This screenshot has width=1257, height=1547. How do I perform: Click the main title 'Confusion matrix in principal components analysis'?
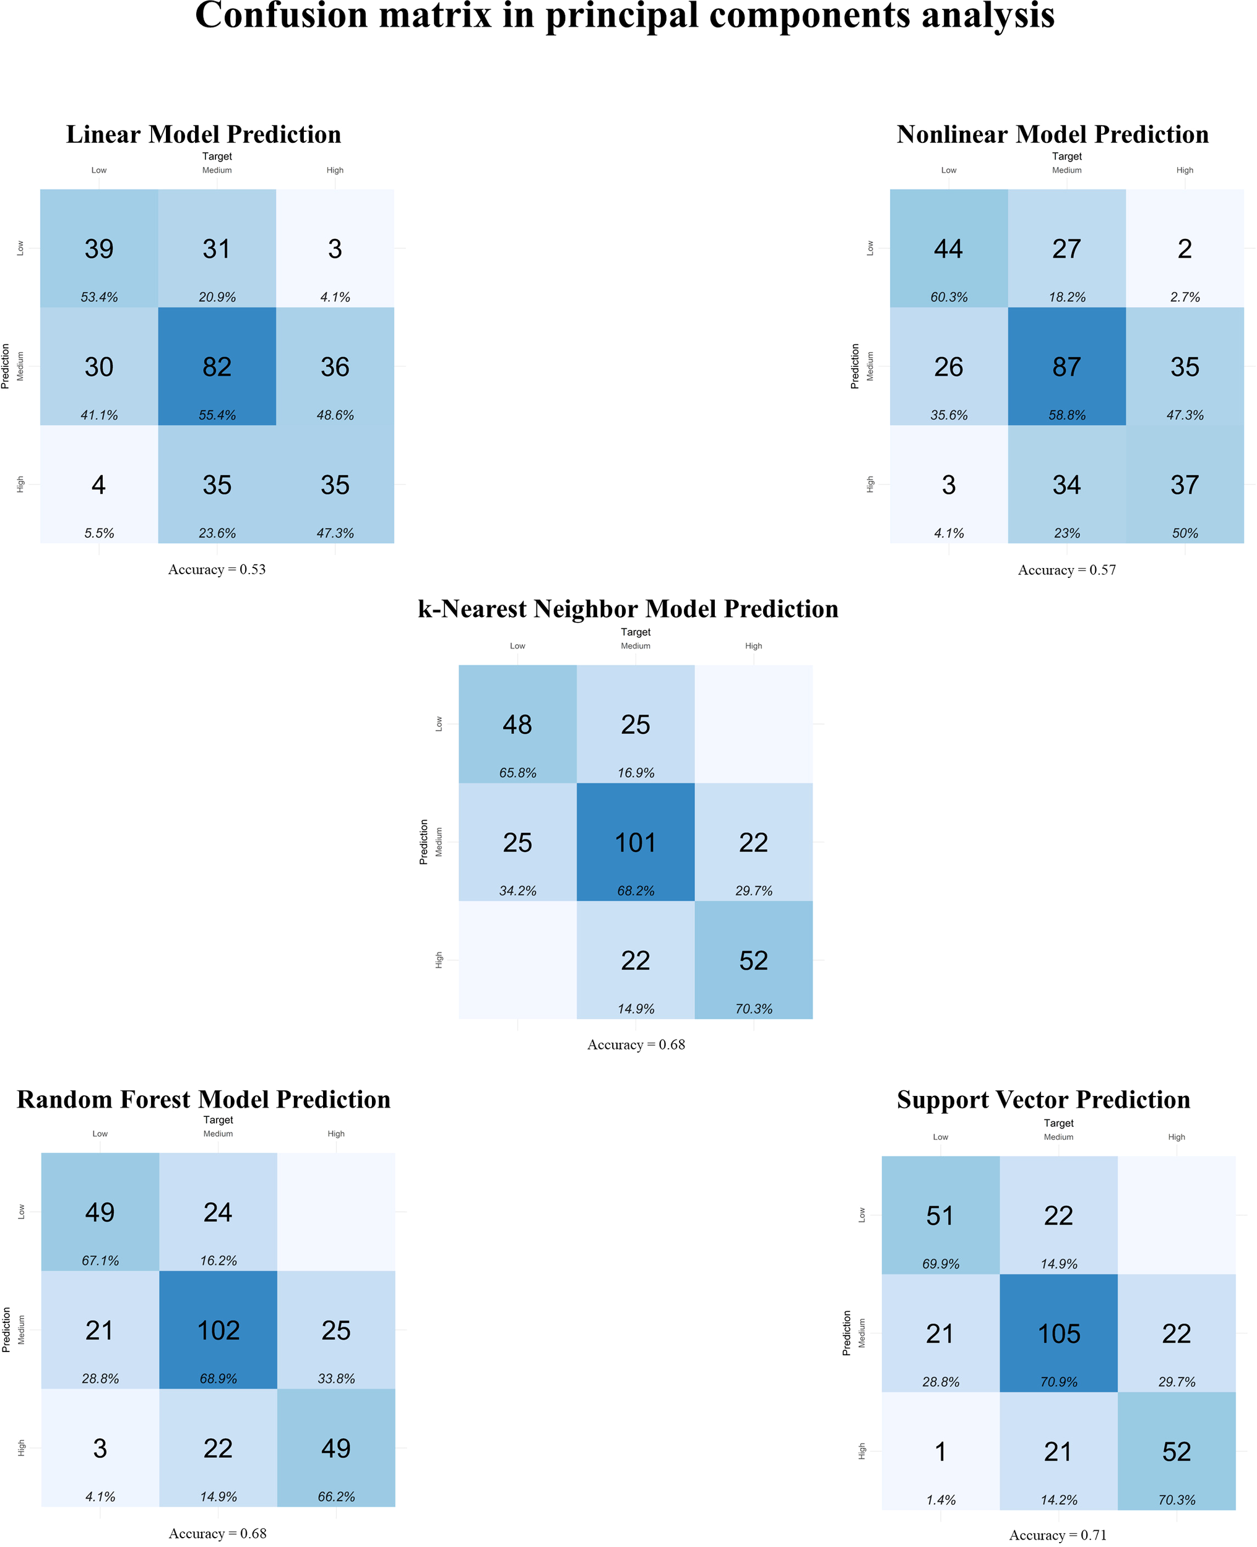pos(624,16)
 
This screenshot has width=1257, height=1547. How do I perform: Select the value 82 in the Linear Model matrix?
pos(217,367)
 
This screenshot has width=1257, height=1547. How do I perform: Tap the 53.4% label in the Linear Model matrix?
pos(99,297)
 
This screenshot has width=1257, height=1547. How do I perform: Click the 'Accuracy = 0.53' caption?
pos(217,569)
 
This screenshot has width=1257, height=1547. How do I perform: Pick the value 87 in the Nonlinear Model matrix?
pos(1066,367)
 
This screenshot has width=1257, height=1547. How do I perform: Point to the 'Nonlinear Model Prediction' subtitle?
pos(1052,135)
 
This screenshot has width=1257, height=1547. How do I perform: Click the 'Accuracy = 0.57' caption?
pos(1066,570)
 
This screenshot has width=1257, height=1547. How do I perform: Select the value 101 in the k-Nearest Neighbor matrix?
pos(635,843)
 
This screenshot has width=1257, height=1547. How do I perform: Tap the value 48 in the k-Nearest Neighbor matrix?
pos(517,725)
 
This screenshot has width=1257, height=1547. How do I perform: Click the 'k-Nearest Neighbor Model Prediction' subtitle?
pos(628,609)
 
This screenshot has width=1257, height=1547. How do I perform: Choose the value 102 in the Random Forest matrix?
pos(218,1330)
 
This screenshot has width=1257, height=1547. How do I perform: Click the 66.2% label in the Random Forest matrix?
pos(336,1496)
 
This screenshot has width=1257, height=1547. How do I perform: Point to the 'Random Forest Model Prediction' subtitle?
pos(204,1099)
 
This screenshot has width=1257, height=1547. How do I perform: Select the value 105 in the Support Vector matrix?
pos(1058,1334)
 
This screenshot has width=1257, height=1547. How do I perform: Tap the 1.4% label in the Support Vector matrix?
pos(941,1500)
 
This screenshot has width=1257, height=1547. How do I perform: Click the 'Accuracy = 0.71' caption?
pos(1057,1535)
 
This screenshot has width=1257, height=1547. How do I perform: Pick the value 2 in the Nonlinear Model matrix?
pos(1184,249)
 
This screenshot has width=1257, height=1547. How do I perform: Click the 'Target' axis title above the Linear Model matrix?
pos(217,157)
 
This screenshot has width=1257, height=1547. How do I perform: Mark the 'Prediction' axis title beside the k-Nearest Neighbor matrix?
pos(423,842)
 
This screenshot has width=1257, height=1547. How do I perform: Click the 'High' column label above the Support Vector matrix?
pos(1176,1137)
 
